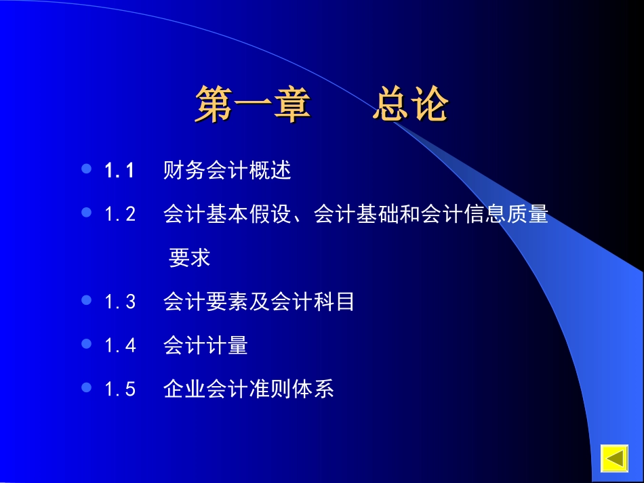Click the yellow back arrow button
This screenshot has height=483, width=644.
coord(616,459)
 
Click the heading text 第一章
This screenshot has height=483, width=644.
coord(253,106)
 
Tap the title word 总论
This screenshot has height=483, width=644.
coord(410,106)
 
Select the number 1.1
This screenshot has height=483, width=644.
coord(120,171)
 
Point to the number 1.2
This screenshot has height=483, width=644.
coord(120,215)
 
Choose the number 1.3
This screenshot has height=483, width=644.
coord(120,302)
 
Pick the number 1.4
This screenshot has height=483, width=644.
coord(120,346)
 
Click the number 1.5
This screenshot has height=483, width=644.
coord(120,390)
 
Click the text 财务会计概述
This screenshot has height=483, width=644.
coord(227,171)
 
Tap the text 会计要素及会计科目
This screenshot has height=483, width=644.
coord(259,301)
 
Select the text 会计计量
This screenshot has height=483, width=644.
coord(205,345)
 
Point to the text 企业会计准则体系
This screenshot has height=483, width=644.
coord(249,390)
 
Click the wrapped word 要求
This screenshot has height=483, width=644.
coord(190,258)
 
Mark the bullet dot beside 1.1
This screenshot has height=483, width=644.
coord(86,169)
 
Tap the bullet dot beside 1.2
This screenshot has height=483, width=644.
coord(86,213)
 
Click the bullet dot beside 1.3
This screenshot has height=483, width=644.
coord(86,299)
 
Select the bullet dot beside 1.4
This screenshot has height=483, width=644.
coord(86,343)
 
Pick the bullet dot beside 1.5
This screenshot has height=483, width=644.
coord(86,387)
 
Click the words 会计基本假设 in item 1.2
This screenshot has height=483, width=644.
coord(227,215)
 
